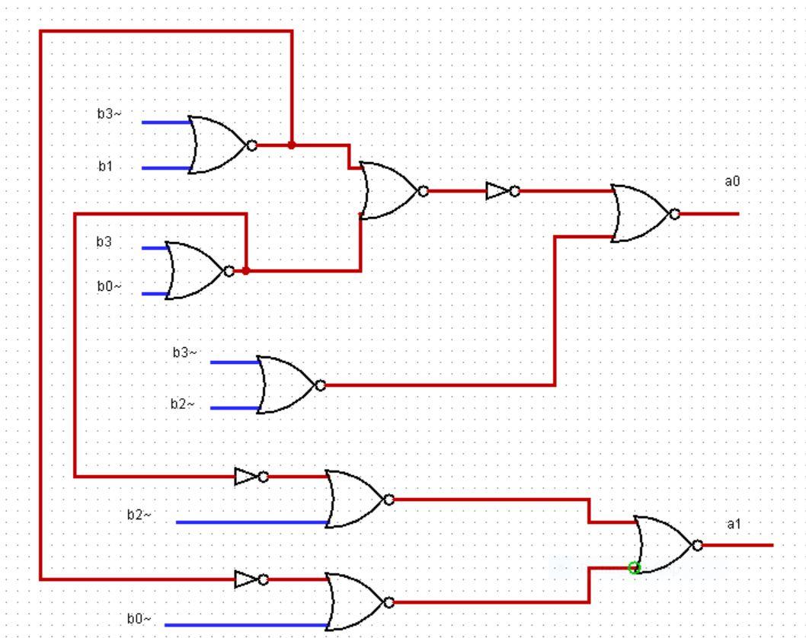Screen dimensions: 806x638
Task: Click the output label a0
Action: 732,181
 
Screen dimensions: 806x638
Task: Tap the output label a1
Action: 734,524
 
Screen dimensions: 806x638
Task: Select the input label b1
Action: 105,166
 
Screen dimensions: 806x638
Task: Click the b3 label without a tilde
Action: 104,241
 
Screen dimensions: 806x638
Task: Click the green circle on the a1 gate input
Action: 635,568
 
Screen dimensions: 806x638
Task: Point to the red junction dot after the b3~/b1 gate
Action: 292,145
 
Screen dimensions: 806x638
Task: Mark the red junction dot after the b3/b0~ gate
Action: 246,271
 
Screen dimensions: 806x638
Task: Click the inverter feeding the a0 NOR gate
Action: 502,191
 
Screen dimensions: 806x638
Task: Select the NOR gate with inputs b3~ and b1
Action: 222,145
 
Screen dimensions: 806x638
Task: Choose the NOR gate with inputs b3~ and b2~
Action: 290,384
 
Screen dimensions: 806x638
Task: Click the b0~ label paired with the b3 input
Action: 110,286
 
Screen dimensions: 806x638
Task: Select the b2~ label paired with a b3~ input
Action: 183,404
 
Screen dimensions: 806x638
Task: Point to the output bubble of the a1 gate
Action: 697,545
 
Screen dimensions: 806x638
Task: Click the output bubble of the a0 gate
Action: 674,214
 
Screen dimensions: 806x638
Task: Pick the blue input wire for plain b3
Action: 155,248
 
